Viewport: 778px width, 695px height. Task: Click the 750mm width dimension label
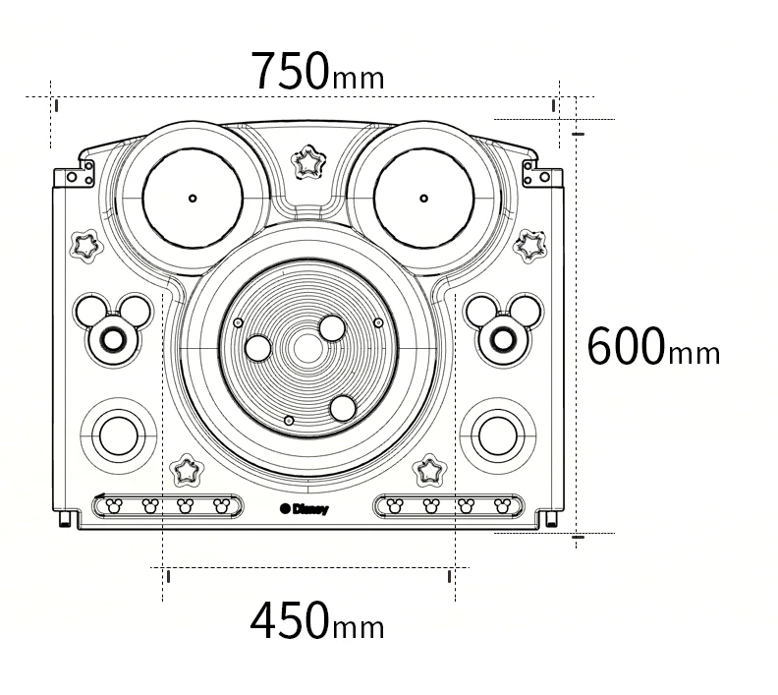[317, 71]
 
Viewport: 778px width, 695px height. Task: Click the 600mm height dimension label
[653, 345]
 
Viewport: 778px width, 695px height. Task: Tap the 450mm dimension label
[317, 620]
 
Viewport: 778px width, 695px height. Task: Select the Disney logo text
[305, 509]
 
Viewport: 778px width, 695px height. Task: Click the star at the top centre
[308, 162]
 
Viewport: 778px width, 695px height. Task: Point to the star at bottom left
[187, 470]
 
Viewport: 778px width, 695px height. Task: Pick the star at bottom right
[429, 470]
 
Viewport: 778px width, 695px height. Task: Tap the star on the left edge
[86, 245]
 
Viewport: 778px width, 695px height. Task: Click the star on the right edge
[529, 245]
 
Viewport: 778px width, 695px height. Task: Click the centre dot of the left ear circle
[193, 199]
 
